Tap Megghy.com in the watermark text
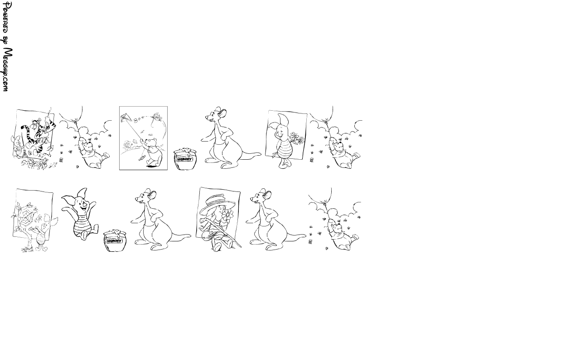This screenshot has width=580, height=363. pyautogui.click(x=7, y=69)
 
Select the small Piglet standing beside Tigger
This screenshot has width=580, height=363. pyautogui.click(x=17, y=146)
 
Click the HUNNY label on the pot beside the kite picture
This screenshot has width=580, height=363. pyautogui.click(x=184, y=159)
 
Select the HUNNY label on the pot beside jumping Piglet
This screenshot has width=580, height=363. pyautogui.click(x=114, y=241)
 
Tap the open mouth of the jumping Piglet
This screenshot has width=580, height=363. pyautogui.click(x=84, y=207)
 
